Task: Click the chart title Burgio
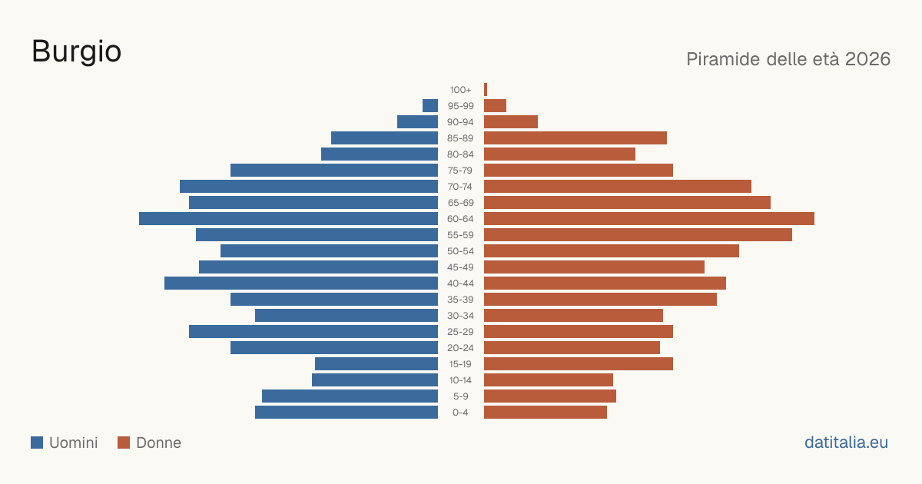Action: (x=77, y=52)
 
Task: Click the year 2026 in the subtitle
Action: (x=867, y=59)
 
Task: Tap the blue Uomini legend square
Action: (x=37, y=443)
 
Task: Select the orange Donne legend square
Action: (x=124, y=443)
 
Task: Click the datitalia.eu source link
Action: (x=846, y=443)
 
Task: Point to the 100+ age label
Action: (x=460, y=90)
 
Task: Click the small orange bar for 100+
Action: (x=486, y=90)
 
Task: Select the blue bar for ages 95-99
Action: (x=430, y=106)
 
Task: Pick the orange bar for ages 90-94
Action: (x=511, y=122)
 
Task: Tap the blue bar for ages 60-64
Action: (x=289, y=218)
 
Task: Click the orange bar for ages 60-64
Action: (x=649, y=218)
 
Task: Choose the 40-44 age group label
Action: (x=460, y=283)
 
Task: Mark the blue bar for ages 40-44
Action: (x=301, y=283)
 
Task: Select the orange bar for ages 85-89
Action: (x=575, y=138)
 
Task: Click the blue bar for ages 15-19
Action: (x=376, y=364)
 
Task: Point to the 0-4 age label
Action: (x=460, y=413)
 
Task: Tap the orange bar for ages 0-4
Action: (x=546, y=413)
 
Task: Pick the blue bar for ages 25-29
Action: (x=313, y=332)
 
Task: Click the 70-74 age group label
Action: (x=460, y=187)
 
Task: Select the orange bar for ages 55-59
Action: (x=638, y=234)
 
